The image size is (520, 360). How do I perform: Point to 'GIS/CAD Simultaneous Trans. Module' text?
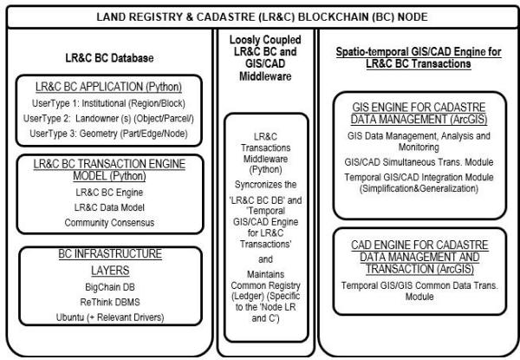418,160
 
